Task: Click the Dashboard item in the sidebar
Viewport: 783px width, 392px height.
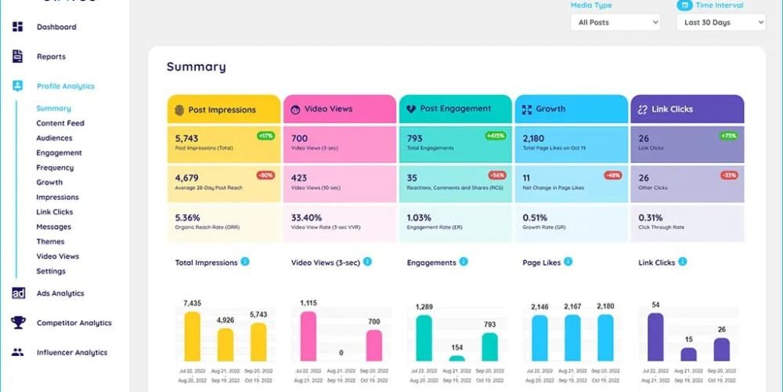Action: [56, 27]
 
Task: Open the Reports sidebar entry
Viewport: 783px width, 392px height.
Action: [51, 56]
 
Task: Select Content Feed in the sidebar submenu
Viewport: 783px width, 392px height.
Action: [60, 123]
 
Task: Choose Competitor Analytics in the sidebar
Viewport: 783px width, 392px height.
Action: [74, 323]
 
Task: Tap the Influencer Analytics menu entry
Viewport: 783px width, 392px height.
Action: [71, 353]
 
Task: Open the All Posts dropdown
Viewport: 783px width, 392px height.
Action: [615, 23]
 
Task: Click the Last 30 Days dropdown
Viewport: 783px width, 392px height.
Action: [720, 23]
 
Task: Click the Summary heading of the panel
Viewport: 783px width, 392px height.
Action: [196, 67]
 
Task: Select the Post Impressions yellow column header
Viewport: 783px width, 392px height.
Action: [223, 110]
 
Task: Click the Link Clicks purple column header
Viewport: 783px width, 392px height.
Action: [687, 110]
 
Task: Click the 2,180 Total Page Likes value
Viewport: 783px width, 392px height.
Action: [533, 139]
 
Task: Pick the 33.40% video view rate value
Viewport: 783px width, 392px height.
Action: [306, 217]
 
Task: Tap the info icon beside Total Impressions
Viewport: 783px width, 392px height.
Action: [245, 262]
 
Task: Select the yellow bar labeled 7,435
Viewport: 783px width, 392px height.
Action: [192, 336]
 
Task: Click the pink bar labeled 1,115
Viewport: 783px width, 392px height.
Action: [308, 336]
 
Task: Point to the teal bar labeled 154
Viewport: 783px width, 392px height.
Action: [456, 358]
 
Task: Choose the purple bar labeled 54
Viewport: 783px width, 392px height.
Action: [655, 336]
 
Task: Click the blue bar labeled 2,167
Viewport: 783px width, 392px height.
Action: [572, 337]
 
